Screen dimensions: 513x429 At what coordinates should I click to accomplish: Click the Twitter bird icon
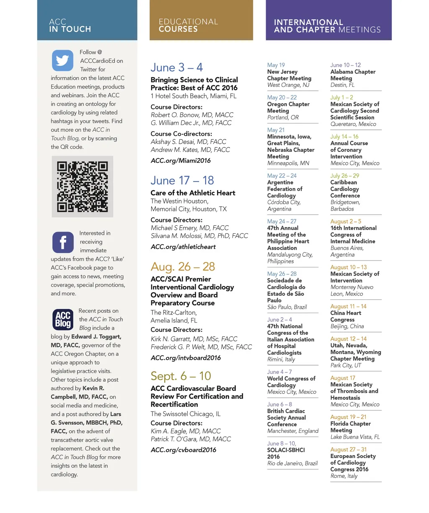pyautogui.click(x=62, y=60)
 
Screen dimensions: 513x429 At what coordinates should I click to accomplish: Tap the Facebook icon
pyautogui.click(x=63, y=242)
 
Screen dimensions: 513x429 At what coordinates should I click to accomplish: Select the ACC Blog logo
pyautogui.click(x=63, y=320)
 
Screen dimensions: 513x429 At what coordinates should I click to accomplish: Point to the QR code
pyautogui.click(x=83, y=187)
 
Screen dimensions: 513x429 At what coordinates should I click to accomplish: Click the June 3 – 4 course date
pyautogui.click(x=176, y=68)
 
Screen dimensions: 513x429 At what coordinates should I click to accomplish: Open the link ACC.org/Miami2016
pyautogui.click(x=181, y=161)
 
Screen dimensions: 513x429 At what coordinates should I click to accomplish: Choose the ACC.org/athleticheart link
pyautogui.click(x=183, y=247)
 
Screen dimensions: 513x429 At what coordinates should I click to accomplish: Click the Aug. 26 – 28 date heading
pyautogui.click(x=183, y=266)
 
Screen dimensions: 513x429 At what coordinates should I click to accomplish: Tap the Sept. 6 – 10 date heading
pyautogui.click(x=181, y=376)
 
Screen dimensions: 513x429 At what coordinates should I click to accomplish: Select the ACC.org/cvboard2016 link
pyautogui.click(x=183, y=450)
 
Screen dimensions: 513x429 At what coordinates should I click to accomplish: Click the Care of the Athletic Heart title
pyautogui.click(x=193, y=193)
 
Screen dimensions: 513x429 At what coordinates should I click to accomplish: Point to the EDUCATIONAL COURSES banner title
pyautogui.click(x=188, y=25)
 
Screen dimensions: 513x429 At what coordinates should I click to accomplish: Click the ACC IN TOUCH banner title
pyautogui.click(x=70, y=25)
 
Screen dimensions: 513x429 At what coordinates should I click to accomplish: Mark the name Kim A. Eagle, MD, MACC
pyautogui.click(x=186, y=431)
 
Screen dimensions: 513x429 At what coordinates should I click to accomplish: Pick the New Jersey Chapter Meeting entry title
pyautogui.click(x=289, y=75)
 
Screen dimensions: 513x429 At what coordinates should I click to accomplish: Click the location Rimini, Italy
pyautogui.click(x=281, y=359)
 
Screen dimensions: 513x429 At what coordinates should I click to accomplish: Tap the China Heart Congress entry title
pyautogui.click(x=346, y=316)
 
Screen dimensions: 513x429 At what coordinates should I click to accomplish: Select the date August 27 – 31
pyautogui.click(x=348, y=449)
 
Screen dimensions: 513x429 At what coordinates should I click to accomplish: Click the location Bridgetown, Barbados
pyautogui.click(x=345, y=206)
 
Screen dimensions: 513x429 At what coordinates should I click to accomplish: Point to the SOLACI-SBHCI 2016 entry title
pyautogui.click(x=286, y=453)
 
